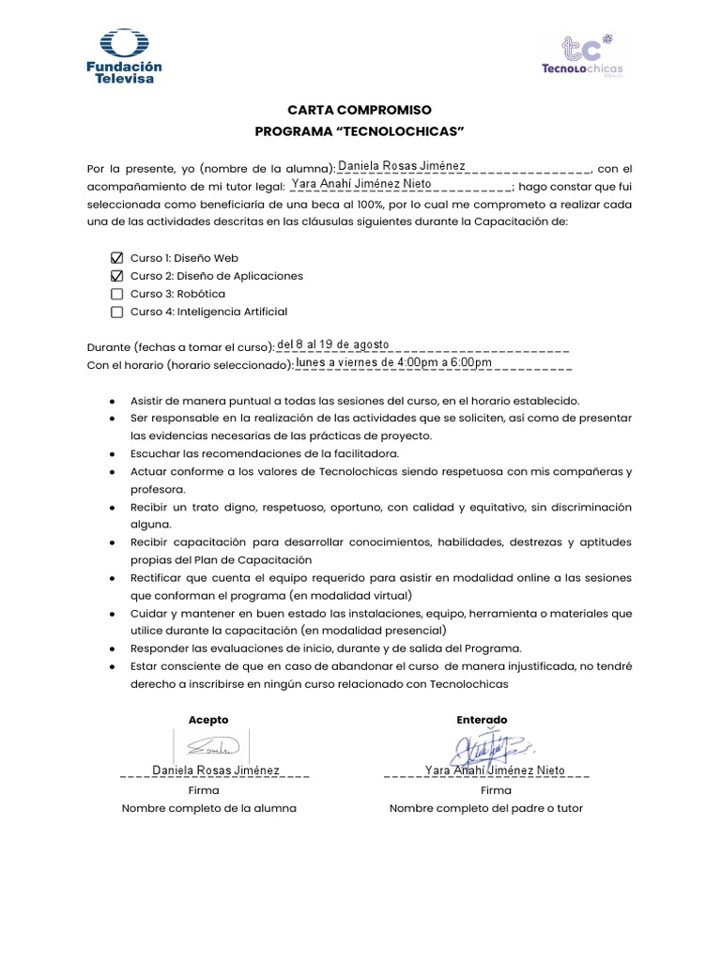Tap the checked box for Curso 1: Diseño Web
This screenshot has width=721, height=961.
tap(116, 258)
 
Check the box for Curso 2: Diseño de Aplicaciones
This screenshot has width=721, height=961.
tap(116, 276)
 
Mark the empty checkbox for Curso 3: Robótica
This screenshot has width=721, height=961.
tap(116, 294)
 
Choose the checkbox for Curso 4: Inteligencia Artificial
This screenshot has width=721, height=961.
tap(116, 312)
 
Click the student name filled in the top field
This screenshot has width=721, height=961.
tap(401, 166)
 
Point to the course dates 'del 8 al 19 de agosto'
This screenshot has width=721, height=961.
tap(333, 343)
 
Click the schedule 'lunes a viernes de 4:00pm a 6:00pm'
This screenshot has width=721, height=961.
tap(393, 361)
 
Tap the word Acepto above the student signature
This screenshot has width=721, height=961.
tap(208, 720)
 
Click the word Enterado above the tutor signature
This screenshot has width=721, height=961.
tap(482, 720)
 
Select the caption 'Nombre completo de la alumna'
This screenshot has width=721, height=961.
tap(208, 808)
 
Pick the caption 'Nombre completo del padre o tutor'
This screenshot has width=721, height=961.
tap(486, 808)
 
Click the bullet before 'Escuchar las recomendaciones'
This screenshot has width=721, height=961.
tap(113, 453)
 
